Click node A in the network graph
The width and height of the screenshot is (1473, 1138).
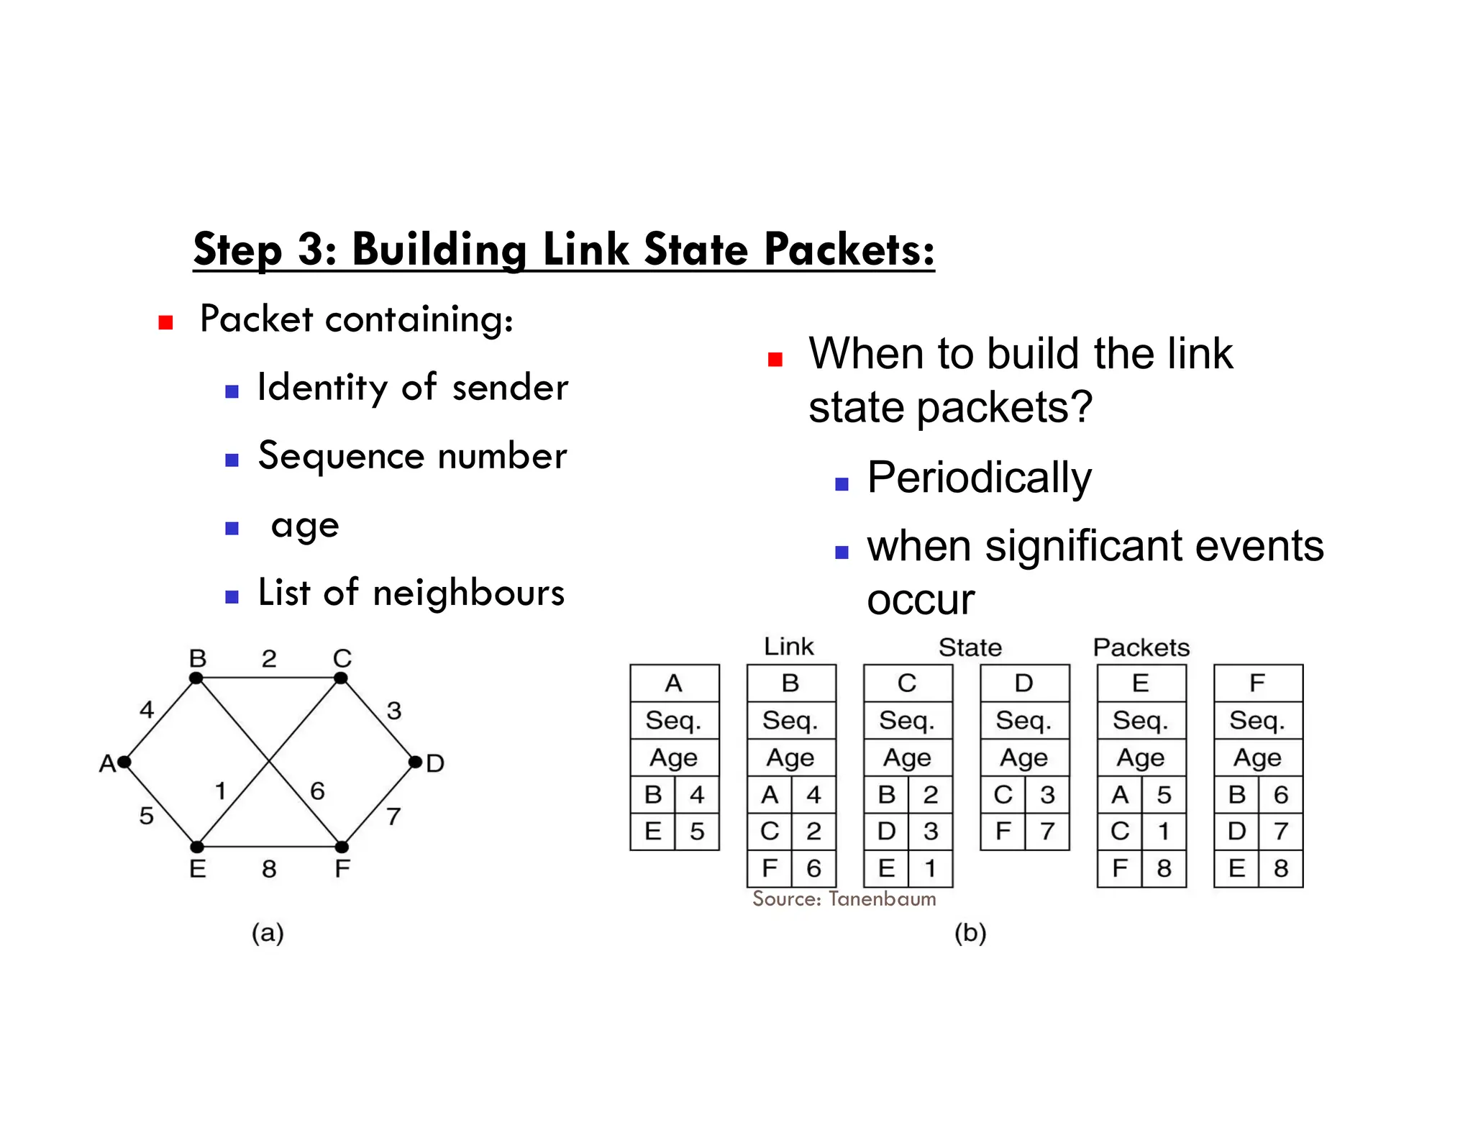[124, 762]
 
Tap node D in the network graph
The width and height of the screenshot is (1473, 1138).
[415, 762]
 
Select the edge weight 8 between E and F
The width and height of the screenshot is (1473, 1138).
[269, 869]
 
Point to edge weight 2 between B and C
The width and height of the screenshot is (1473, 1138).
[269, 658]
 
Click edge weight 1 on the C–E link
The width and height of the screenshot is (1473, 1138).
[221, 791]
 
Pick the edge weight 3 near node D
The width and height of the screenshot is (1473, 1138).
[394, 711]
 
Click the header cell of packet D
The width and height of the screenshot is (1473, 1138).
[1024, 683]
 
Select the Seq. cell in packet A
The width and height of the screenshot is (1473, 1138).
[674, 720]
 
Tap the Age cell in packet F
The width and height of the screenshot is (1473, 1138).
[1258, 757]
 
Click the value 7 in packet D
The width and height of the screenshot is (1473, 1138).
[1047, 832]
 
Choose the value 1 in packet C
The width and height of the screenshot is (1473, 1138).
[931, 869]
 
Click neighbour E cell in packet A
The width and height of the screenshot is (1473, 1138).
[652, 832]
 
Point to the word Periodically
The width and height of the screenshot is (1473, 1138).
[979, 478]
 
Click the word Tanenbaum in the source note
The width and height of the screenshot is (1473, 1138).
[882, 898]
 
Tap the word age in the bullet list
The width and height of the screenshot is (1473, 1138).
[305, 527]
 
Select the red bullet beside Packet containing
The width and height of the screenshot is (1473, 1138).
[166, 322]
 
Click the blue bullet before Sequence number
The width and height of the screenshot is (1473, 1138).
[232, 460]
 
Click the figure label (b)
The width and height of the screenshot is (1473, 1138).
[970, 933]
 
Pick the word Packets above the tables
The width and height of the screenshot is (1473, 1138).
[1141, 647]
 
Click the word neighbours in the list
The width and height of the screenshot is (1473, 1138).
[468, 593]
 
